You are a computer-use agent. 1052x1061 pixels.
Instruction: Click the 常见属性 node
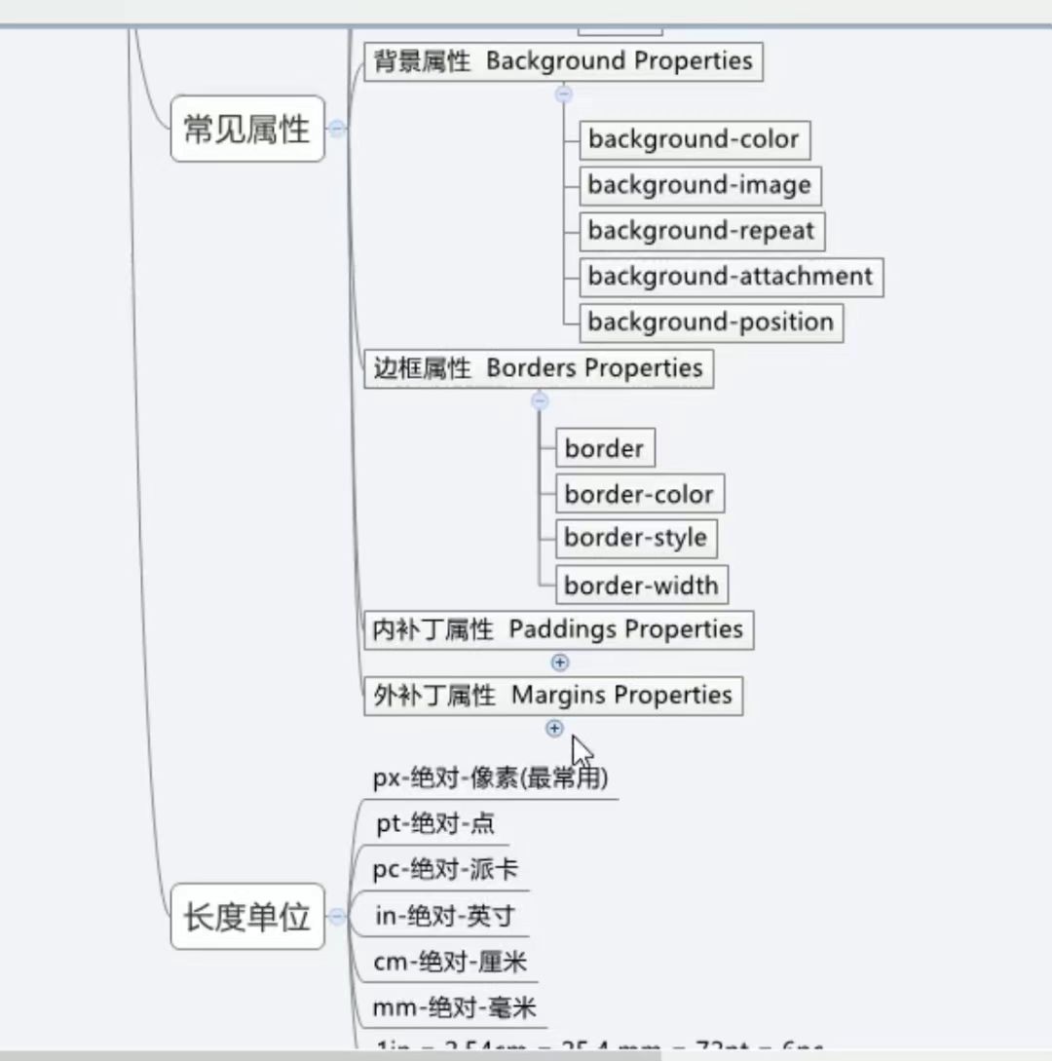(x=246, y=129)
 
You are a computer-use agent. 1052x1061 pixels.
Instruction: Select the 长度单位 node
(x=246, y=917)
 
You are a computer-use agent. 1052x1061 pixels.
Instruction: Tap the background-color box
(x=694, y=139)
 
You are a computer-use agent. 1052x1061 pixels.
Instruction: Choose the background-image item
(x=698, y=185)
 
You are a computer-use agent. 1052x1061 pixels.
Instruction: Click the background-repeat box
(x=700, y=231)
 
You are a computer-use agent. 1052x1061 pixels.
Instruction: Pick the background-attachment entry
(x=731, y=277)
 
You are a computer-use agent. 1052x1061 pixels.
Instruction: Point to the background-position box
(x=710, y=322)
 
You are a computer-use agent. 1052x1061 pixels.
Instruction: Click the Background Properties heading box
(x=563, y=61)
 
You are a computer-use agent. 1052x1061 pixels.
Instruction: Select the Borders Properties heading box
(x=538, y=368)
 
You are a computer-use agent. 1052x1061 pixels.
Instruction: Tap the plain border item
(x=604, y=449)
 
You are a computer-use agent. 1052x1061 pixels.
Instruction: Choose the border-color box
(x=639, y=494)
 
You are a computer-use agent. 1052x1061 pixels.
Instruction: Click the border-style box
(x=635, y=538)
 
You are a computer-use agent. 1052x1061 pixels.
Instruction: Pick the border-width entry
(x=641, y=586)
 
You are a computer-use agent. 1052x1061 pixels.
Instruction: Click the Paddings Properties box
(x=558, y=629)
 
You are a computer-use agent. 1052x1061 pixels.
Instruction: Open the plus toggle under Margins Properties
(x=554, y=728)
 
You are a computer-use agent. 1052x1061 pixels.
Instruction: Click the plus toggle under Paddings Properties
(x=560, y=663)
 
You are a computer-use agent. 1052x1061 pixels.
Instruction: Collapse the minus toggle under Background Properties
(x=563, y=95)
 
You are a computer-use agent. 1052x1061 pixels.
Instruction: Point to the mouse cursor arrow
(x=581, y=752)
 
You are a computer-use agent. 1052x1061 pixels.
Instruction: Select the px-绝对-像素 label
(x=491, y=777)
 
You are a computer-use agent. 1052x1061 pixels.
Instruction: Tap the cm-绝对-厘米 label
(x=450, y=963)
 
